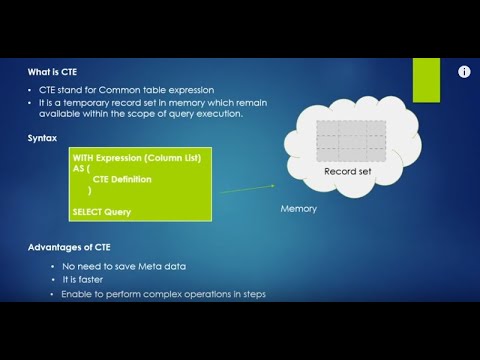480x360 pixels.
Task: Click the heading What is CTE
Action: (x=52, y=72)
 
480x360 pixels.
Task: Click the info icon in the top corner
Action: (x=464, y=72)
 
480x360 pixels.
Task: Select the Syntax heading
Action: (x=43, y=137)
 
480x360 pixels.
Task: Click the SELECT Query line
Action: (x=101, y=211)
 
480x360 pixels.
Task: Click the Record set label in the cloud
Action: (x=347, y=172)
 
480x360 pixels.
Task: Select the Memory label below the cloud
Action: (x=299, y=209)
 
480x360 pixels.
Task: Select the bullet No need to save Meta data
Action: (x=124, y=266)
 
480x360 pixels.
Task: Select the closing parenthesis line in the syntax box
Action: (x=89, y=190)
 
